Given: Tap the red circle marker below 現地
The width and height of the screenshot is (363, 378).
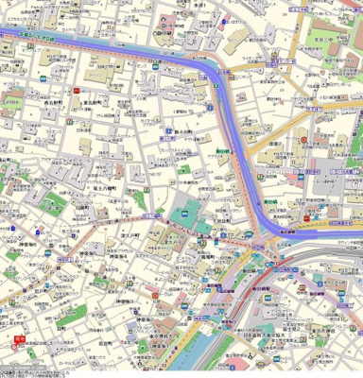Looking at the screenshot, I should pyautogui.click(x=16, y=345).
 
